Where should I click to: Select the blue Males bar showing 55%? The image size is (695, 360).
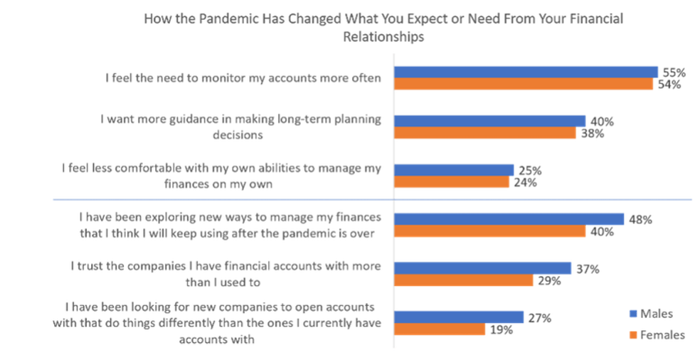526,71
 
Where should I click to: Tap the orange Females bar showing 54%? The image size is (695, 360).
524,84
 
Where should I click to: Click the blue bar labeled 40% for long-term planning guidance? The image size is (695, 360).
491,120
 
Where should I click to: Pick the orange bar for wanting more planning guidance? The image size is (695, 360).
486,133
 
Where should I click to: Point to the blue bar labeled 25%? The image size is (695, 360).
455,169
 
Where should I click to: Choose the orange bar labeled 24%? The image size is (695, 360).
452,182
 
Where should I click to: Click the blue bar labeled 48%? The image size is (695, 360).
509,218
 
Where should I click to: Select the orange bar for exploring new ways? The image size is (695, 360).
491,231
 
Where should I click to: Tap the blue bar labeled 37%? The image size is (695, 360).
484,268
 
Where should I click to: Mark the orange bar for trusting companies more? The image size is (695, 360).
465,280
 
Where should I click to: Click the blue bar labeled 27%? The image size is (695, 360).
460,316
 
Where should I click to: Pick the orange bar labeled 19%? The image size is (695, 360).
440,329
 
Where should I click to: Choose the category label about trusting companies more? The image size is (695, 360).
226,273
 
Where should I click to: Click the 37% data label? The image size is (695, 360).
588,268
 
